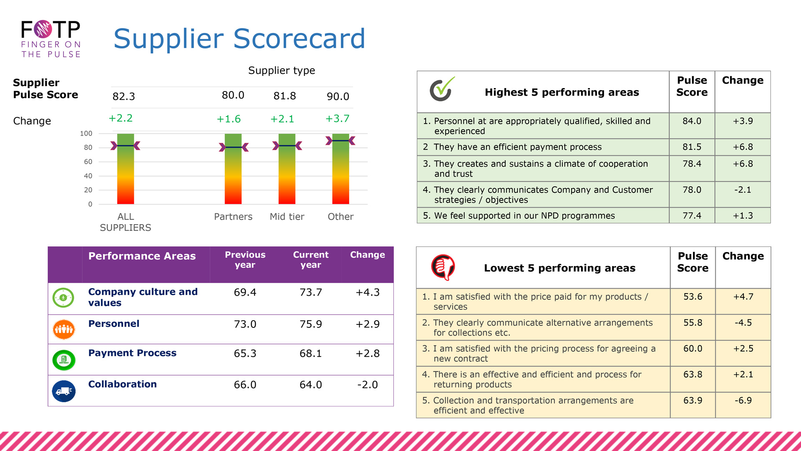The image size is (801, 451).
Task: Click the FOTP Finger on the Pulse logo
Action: click(x=51, y=39)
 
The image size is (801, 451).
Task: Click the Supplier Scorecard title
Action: click(x=239, y=38)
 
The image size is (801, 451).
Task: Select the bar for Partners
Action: click(x=233, y=169)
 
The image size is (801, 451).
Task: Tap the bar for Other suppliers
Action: click(x=340, y=169)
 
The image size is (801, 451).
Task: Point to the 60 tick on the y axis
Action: click(x=88, y=162)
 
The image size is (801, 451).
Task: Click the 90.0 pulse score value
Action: click(x=338, y=96)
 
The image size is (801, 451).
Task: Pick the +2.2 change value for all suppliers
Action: click(x=121, y=118)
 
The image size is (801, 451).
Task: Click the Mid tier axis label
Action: click(x=287, y=217)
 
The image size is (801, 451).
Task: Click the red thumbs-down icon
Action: click(x=443, y=267)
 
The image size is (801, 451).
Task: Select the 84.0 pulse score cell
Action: click(x=692, y=121)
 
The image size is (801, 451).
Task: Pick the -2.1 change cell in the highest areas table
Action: click(x=743, y=190)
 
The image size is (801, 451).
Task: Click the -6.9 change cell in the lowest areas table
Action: click(x=743, y=400)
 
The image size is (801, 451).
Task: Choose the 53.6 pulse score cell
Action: click(x=693, y=297)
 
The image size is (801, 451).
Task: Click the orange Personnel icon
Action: click(x=64, y=329)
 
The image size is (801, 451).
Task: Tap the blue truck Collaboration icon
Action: click(x=64, y=391)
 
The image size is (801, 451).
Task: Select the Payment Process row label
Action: click(x=132, y=353)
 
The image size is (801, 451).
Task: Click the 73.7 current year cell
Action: click(x=311, y=292)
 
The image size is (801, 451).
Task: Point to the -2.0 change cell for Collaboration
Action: click(x=367, y=385)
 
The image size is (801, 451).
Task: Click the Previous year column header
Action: click(x=245, y=260)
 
